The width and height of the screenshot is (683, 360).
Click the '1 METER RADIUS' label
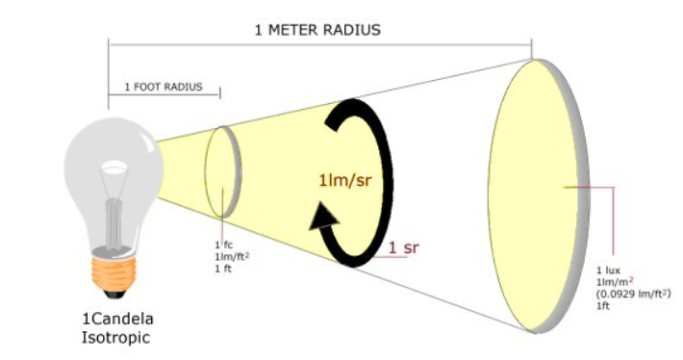point(317,30)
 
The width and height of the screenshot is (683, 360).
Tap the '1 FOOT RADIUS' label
point(164,87)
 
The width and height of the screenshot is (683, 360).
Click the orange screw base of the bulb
point(114,273)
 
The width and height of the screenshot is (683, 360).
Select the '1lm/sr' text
point(345,180)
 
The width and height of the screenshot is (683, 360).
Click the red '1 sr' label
point(403,247)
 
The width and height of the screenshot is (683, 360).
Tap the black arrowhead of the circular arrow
point(323,216)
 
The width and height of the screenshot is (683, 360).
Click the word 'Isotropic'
point(115,338)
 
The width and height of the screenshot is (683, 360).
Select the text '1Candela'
point(117,319)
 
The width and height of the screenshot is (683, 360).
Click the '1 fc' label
point(223,244)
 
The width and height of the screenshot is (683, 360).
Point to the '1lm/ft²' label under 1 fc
point(232,257)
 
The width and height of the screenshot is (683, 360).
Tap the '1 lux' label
point(608,270)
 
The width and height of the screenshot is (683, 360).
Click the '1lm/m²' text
point(615,281)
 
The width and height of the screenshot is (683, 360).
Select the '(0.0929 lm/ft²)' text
point(633,294)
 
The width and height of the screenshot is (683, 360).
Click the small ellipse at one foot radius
point(223,171)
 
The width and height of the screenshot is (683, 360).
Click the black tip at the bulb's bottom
point(114,294)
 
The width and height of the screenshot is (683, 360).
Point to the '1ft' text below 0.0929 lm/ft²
point(603,305)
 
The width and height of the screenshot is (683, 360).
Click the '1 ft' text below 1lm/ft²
point(222,269)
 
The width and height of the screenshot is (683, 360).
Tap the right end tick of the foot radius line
point(220,92)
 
